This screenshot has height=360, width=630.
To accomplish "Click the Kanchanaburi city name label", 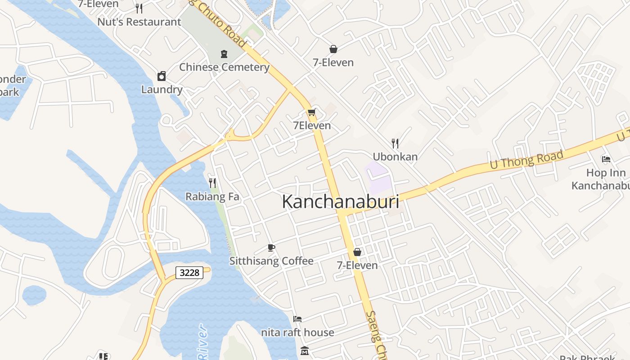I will pyautogui.click(x=340, y=202).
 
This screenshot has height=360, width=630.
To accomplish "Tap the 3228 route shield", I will pyautogui.click(x=189, y=272).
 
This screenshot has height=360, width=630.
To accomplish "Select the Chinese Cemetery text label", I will pyautogui.click(x=224, y=67).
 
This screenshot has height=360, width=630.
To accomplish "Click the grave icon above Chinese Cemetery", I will pyautogui.click(x=224, y=54).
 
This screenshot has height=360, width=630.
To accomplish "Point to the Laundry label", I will pyautogui.click(x=162, y=89).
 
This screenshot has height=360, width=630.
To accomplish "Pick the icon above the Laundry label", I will pyautogui.click(x=162, y=76).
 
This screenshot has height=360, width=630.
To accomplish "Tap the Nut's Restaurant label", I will pyautogui.click(x=139, y=22).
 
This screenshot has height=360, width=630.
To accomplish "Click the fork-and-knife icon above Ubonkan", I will pyautogui.click(x=395, y=143).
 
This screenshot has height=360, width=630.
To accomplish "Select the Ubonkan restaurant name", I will pyautogui.click(x=395, y=157).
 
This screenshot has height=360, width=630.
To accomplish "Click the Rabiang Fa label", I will pyautogui.click(x=212, y=197).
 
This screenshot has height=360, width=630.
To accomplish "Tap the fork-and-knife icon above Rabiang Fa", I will pyautogui.click(x=212, y=183).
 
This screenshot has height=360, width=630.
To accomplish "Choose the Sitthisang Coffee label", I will pyautogui.click(x=271, y=261).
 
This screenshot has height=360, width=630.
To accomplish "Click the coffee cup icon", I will pyautogui.click(x=271, y=247).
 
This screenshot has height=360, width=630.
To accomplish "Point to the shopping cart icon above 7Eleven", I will pyautogui.click(x=311, y=112).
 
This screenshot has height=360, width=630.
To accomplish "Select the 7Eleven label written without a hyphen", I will pyautogui.click(x=312, y=126).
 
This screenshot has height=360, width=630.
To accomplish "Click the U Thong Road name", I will pyautogui.click(x=526, y=161).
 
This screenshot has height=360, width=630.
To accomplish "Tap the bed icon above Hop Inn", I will pyautogui.click(x=606, y=159).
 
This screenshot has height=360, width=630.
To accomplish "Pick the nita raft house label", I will pyautogui.click(x=297, y=333).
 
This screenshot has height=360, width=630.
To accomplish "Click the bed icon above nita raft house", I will pyautogui.click(x=297, y=319).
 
